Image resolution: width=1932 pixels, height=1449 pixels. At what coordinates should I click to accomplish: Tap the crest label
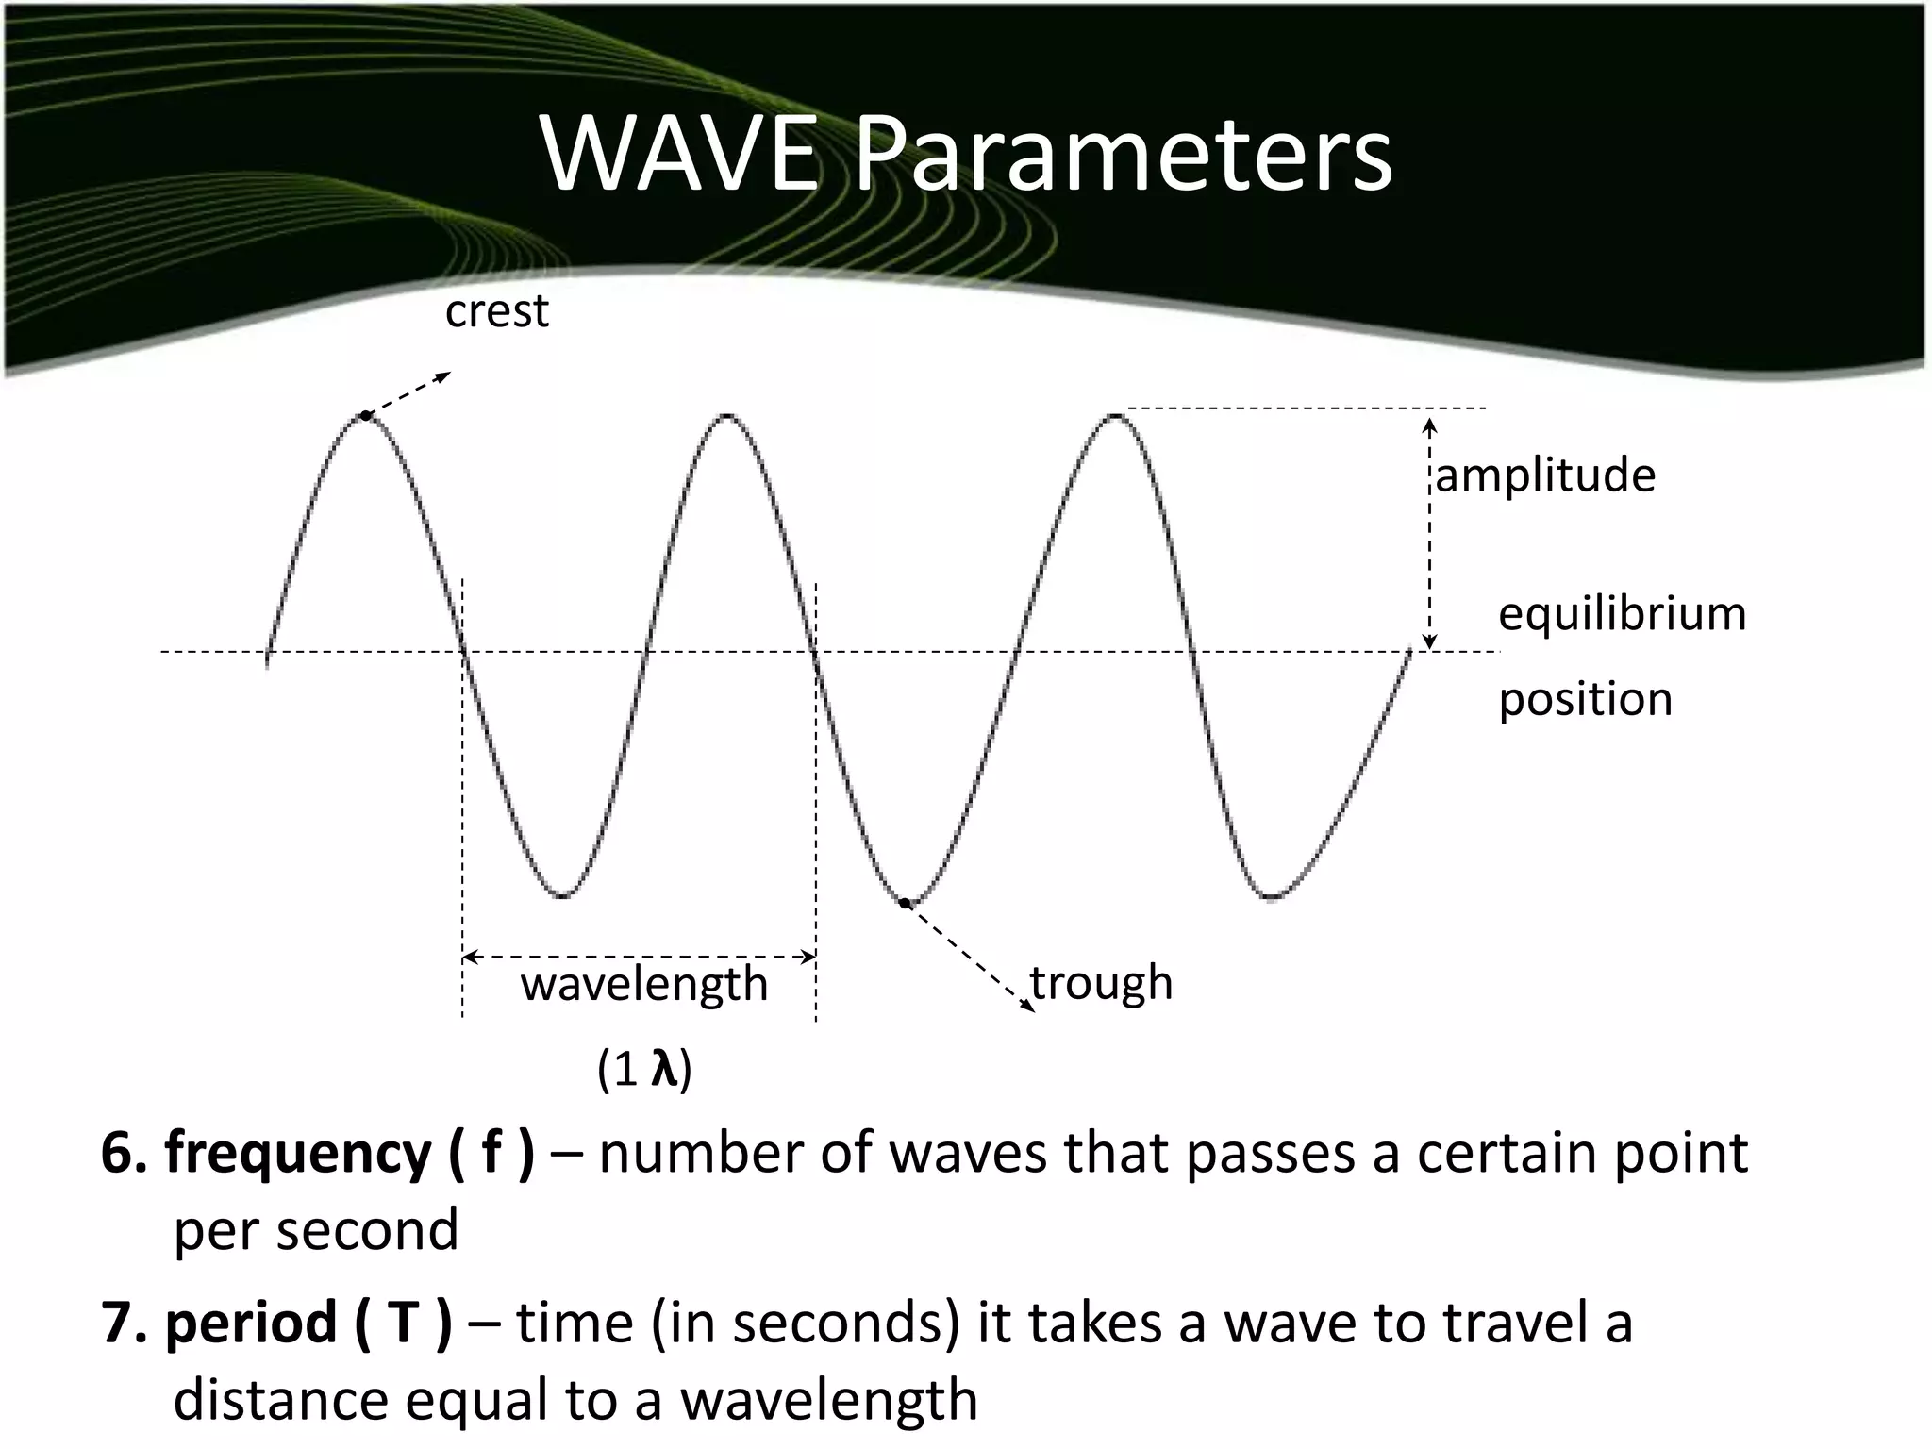tap(496, 311)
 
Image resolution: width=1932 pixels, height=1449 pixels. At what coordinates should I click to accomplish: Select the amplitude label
tap(1545, 474)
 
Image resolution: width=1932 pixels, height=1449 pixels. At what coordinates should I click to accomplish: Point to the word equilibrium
tap(1623, 613)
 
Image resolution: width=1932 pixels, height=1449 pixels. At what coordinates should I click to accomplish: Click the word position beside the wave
tap(1586, 699)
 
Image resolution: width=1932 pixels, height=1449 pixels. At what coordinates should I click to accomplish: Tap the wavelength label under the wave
tap(644, 984)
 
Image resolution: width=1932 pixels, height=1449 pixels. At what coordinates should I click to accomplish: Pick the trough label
tap(1102, 983)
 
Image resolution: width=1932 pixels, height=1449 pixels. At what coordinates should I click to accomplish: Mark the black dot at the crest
tap(365, 416)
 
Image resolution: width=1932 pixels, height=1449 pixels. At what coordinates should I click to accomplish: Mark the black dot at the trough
tap(904, 903)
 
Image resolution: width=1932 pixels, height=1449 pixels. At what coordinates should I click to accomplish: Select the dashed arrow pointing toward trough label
tap(970, 958)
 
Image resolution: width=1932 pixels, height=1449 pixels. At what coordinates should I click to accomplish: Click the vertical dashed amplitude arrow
tap(1429, 534)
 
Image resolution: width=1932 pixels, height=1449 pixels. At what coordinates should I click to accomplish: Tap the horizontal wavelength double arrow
tap(639, 957)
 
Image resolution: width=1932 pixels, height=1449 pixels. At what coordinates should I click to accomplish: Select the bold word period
tap(251, 1323)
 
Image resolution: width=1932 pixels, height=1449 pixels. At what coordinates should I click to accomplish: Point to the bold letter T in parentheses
tap(402, 1323)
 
